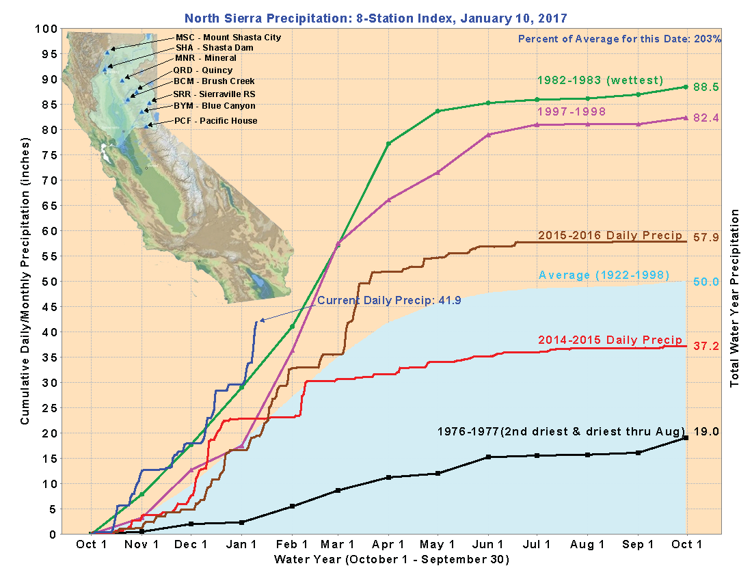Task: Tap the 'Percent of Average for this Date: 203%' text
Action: (619, 39)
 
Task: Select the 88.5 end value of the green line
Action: (707, 87)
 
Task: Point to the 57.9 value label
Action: (707, 238)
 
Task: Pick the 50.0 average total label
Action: (707, 282)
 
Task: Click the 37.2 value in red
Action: (707, 347)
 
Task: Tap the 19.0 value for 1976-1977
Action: (707, 432)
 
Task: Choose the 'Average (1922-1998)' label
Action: (604, 275)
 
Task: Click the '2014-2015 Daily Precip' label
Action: (610, 340)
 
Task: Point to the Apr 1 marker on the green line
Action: (388, 144)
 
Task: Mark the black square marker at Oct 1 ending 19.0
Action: (686, 437)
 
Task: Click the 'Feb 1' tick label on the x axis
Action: (293, 545)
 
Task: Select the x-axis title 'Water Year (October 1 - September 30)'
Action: (391, 560)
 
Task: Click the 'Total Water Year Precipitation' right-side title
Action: (736, 298)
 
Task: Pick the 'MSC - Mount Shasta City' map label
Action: (228, 37)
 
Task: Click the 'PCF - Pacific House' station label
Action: (216, 121)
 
